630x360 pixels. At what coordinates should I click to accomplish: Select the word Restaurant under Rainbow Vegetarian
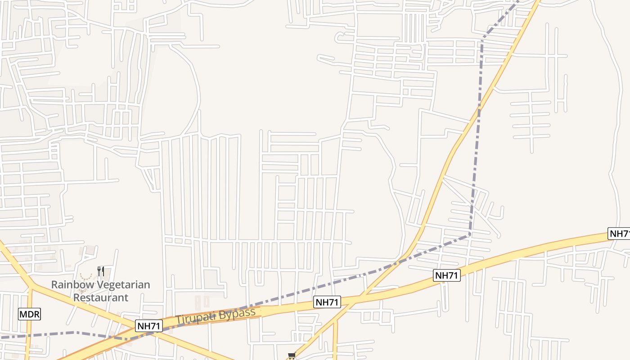tap(101, 297)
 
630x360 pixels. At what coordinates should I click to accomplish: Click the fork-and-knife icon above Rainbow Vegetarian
tap(101, 271)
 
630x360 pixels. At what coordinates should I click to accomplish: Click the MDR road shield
tap(30, 314)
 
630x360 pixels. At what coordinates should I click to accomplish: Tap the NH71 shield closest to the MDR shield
tap(149, 326)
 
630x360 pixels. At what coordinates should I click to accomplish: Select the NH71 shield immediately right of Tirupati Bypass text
tap(327, 302)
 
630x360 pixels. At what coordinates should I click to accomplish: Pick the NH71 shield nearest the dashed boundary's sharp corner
tap(447, 275)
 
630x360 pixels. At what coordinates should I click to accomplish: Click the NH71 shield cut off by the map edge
tap(620, 234)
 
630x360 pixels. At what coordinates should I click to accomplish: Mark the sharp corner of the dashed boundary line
tap(470, 234)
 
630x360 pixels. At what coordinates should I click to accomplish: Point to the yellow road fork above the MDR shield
tap(32, 285)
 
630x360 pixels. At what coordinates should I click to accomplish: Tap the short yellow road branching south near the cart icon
tap(335, 342)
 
